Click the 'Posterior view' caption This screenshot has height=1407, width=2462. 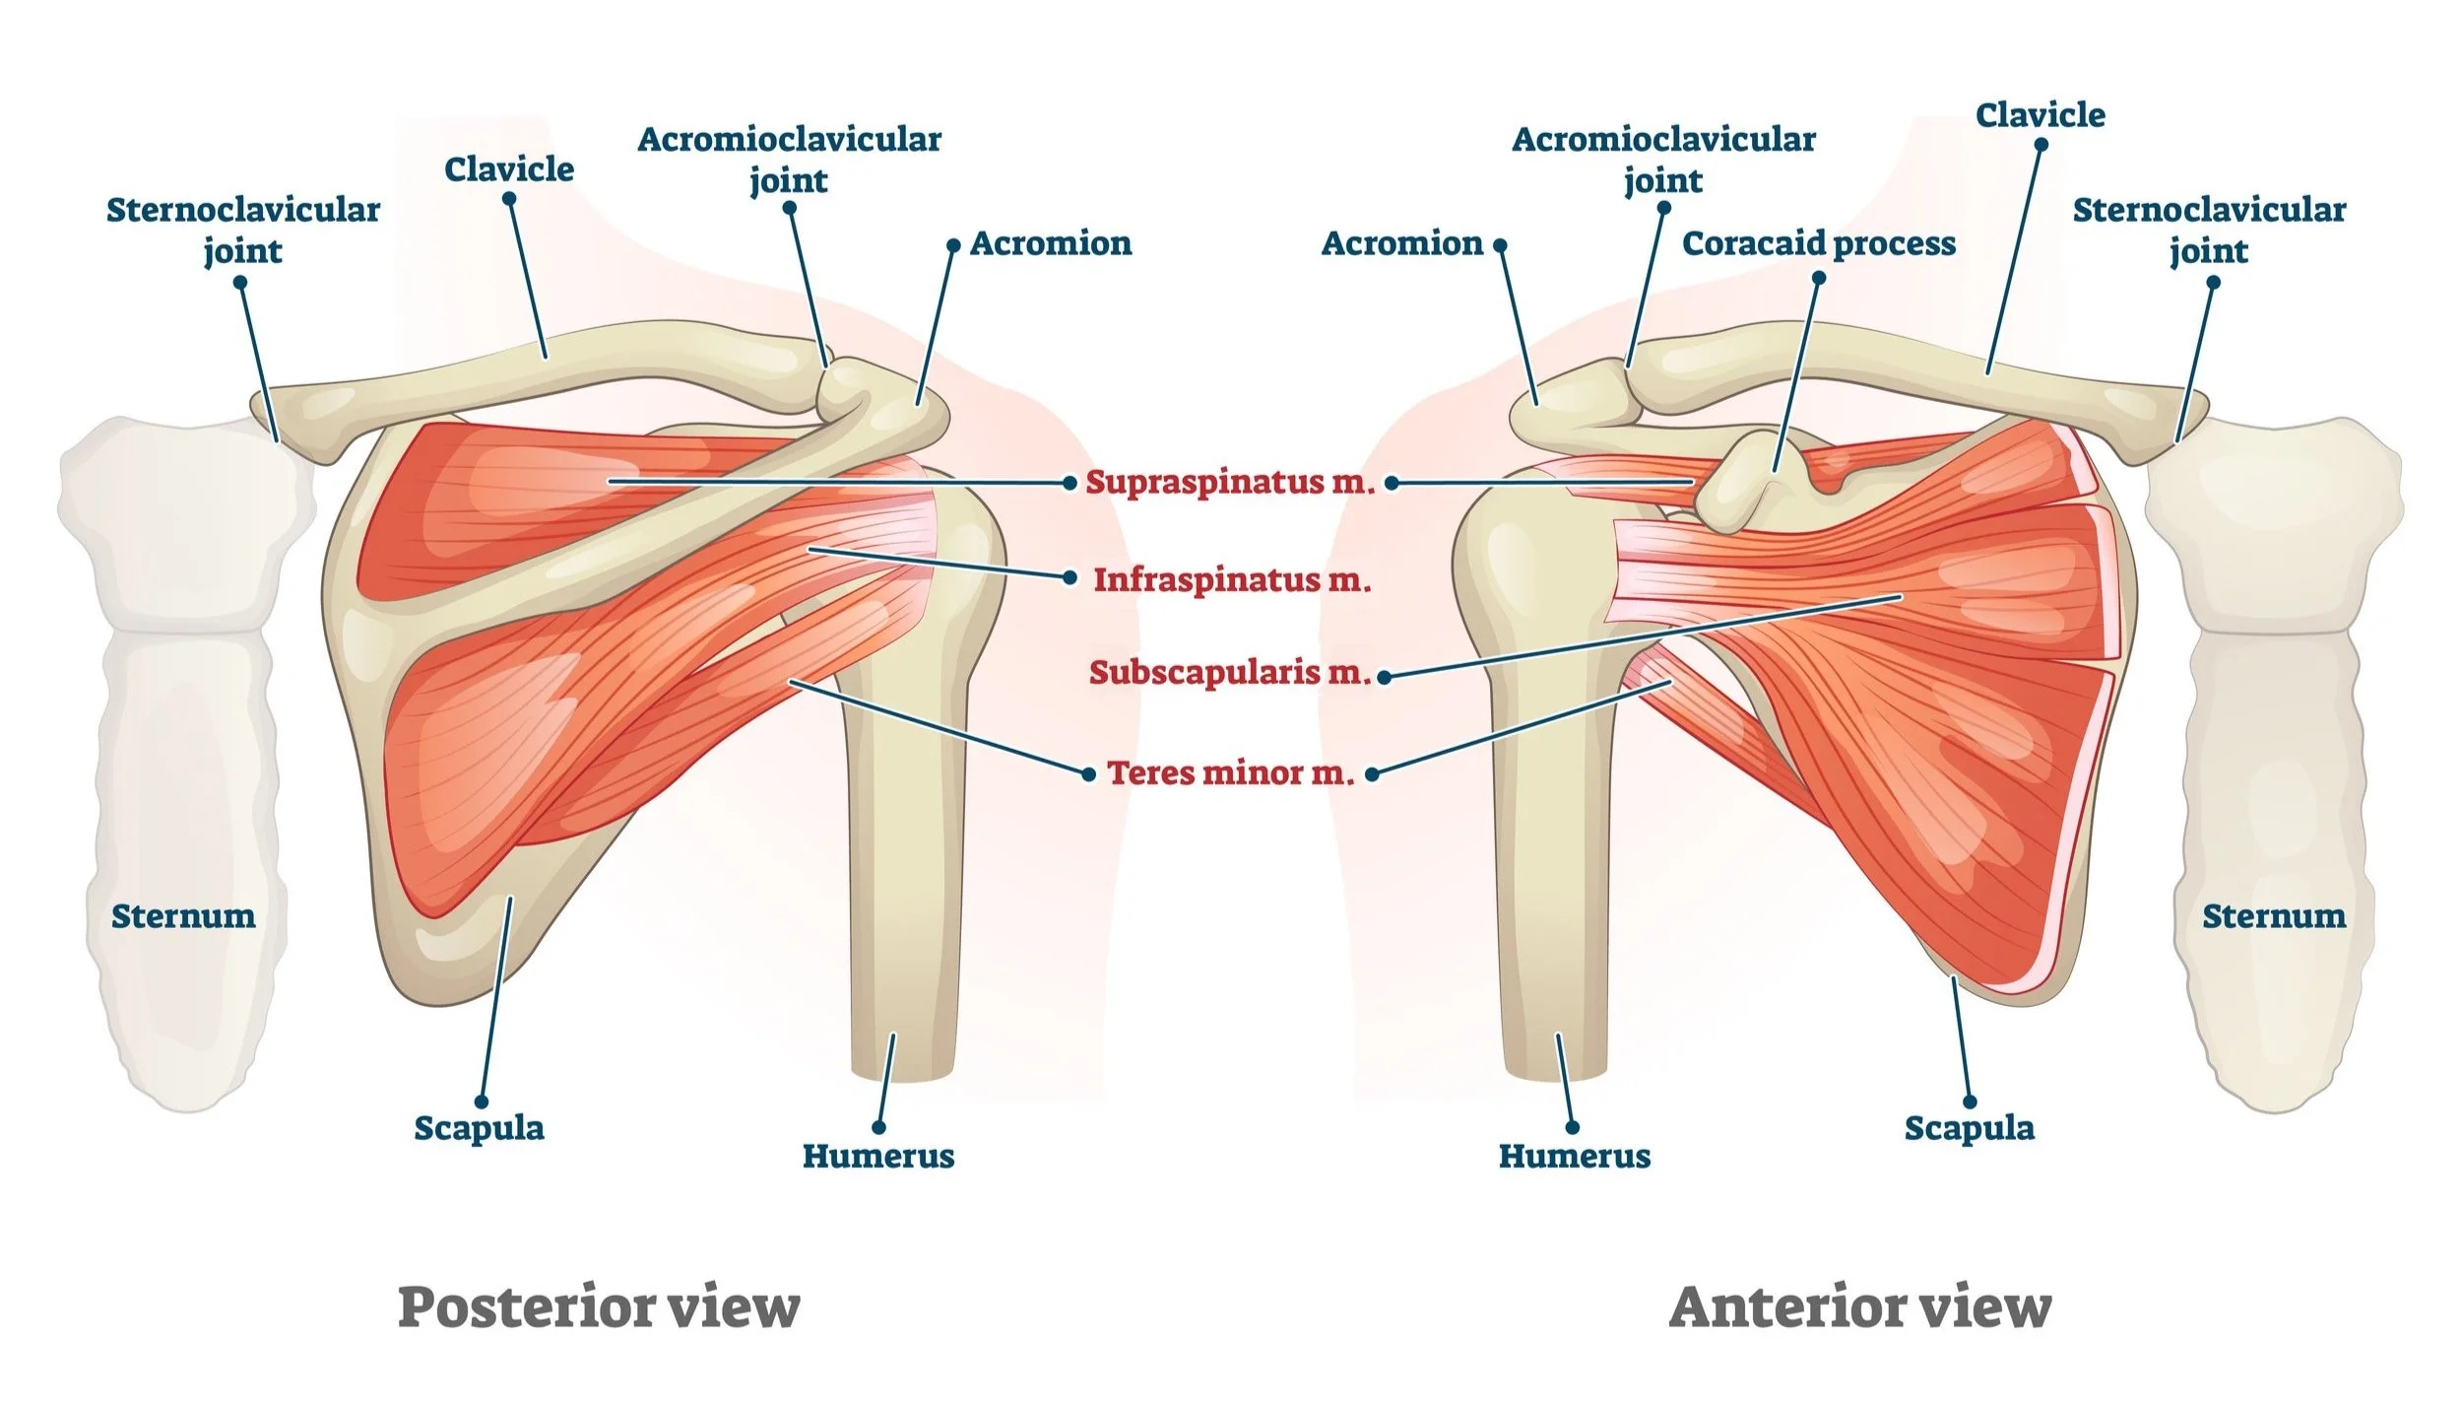click(599, 1307)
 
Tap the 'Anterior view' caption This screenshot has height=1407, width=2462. click(1859, 1307)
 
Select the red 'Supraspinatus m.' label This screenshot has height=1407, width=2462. click(1229, 482)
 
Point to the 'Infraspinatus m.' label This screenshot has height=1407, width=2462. click(1232, 579)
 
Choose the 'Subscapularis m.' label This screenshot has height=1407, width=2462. click(1230, 672)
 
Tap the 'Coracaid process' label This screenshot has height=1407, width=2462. click(1818, 243)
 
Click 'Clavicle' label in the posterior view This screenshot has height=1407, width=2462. click(509, 169)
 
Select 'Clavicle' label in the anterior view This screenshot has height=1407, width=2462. click(2041, 115)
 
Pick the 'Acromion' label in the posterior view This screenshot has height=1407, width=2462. click(1051, 243)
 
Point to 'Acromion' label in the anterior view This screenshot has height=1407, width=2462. click(1401, 243)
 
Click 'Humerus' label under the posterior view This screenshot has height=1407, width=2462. click(878, 1156)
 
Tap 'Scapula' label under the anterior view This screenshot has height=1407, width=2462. click(1969, 1128)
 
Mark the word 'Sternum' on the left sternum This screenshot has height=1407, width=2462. click(183, 916)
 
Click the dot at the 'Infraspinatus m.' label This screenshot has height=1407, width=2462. click(1070, 578)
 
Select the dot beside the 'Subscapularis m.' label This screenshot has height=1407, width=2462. click(1384, 677)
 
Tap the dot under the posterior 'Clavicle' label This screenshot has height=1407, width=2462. click(509, 199)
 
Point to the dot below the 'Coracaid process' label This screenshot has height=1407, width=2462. click(1819, 278)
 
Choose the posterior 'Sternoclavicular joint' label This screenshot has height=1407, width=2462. click(243, 230)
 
